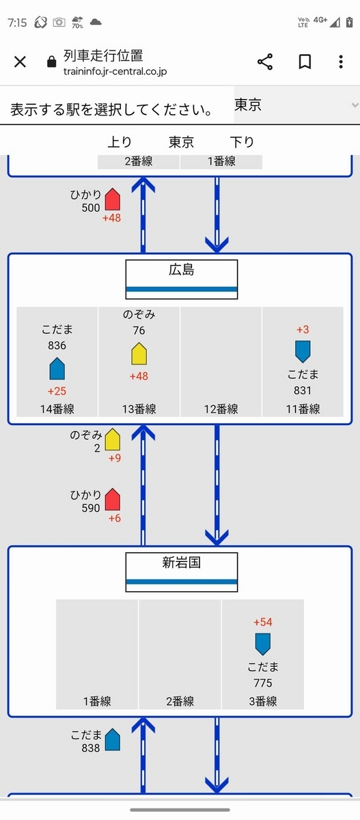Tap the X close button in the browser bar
(20, 62)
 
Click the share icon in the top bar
(265, 61)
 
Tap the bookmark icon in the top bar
(305, 62)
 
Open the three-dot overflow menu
(341, 62)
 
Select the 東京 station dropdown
(296, 105)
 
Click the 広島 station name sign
(182, 279)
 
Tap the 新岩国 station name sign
(182, 572)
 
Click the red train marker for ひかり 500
(113, 200)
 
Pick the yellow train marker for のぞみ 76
(139, 354)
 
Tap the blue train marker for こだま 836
(57, 368)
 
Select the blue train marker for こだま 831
(303, 352)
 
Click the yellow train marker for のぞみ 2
(113, 439)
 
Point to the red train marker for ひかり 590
(113, 500)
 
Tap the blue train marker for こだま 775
(263, 644)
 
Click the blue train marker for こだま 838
(113, 740)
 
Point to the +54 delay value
(263, 622)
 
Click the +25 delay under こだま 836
(57, 392)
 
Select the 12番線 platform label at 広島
(221, 409)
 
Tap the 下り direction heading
(242, 141)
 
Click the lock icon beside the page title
(52, 61)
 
